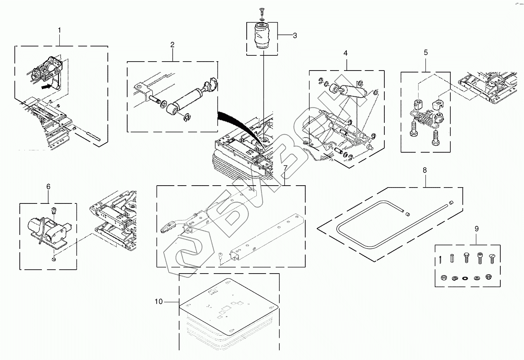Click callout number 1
click(59, 30)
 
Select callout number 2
click(172, 45)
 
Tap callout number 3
click(295, 36)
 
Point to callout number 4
click(345, 53)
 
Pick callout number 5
click(425, 52)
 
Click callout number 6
click(48, 187)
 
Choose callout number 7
click(285, 168)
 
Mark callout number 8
click(425, 170)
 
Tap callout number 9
click(477, 229)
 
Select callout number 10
click(159, 301)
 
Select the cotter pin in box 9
click(442, 259)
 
